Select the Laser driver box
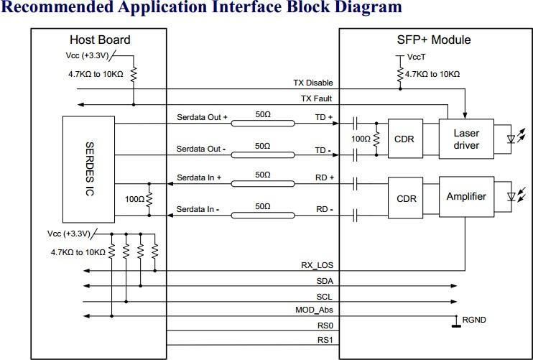tap(465, 139)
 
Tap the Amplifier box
tap(465, 196)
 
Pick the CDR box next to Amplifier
tap(407, 198)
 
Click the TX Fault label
tap(316, 98)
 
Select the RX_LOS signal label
tap(317, 265)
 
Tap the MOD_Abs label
tap(315, 310)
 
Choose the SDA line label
tap(324, 280)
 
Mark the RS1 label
tap(324, 340)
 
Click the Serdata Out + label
tap(202, 116)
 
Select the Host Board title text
tap(100, 40)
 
